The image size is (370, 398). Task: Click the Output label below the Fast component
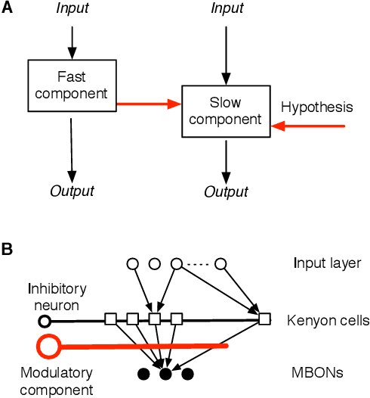[x=72, y=191]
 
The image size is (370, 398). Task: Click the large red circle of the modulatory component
[x=48, y=347]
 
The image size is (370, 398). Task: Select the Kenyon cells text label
[x=328, y=321]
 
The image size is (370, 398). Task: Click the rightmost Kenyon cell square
[x=264, y=319]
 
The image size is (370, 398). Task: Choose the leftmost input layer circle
[x=133, y=264]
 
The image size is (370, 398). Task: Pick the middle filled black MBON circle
[x=165, y=373]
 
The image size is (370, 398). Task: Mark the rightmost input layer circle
[x=221, y=264]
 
